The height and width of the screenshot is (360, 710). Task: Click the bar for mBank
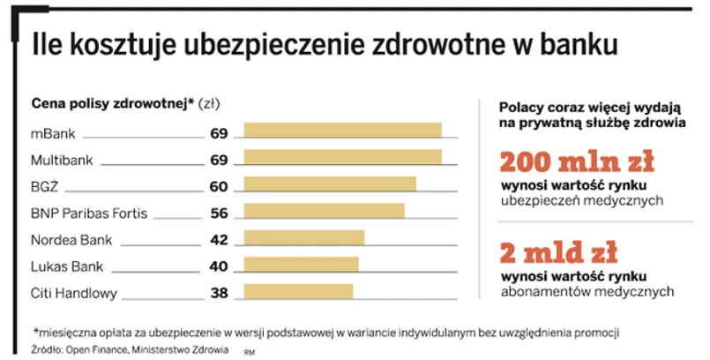point(342,131)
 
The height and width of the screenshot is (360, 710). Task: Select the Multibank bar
point(342,158)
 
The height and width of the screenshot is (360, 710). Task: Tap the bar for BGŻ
point(330,184)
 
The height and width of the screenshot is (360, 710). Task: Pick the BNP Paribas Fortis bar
point(324,212)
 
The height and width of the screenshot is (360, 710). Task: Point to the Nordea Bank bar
point(303,238)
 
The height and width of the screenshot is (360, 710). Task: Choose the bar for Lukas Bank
point(301,265)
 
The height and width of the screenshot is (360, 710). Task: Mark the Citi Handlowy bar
point(298,291)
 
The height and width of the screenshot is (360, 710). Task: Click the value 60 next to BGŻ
point(219,186)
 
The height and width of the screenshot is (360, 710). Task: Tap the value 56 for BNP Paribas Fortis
point(219,213)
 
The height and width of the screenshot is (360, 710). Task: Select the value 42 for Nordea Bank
point(219,239)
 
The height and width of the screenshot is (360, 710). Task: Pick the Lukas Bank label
point(67,266)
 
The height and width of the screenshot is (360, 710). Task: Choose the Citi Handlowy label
point(73,293)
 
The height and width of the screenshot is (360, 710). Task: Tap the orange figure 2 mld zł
point(556,253)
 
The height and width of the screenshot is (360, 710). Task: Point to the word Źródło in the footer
point(49,348)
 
